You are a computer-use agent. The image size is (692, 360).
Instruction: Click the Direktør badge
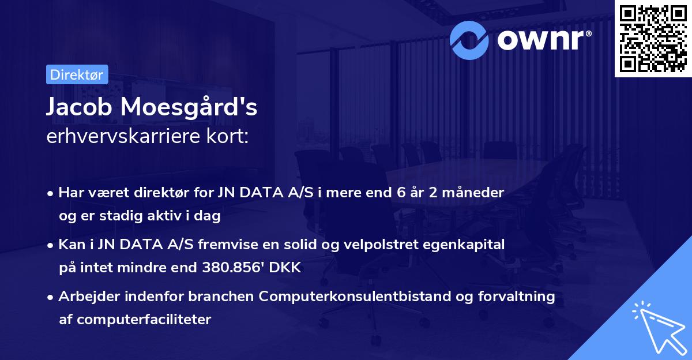77,74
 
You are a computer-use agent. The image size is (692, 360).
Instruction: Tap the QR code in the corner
653,38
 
